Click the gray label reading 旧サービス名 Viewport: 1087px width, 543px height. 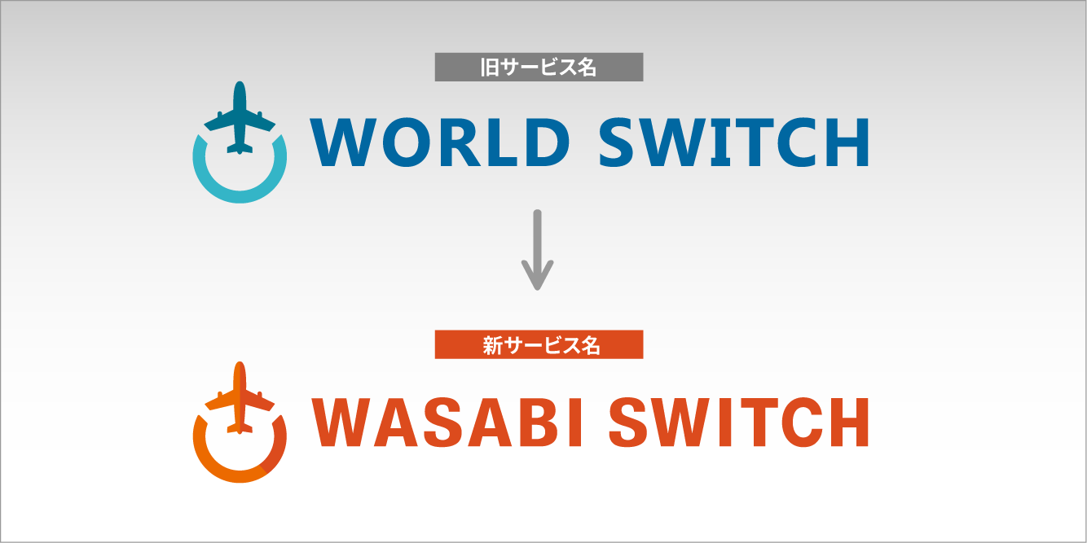539,68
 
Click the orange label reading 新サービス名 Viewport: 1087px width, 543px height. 539,345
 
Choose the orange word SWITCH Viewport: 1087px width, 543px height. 738,422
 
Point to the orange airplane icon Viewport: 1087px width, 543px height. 240,399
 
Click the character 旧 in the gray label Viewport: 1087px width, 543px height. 489,68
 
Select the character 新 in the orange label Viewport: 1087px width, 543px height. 491,345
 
